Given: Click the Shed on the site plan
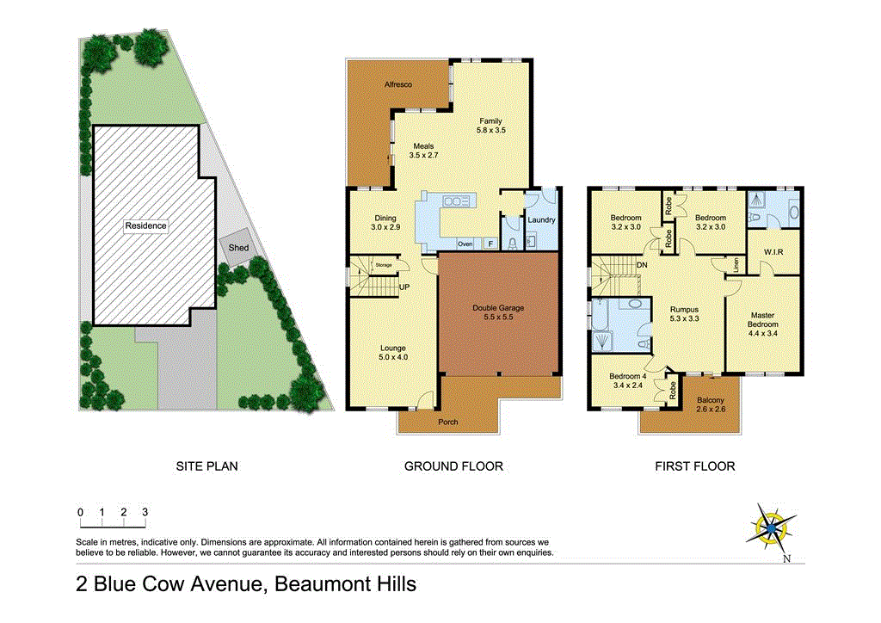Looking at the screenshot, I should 237,248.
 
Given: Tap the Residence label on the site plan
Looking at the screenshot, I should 145,225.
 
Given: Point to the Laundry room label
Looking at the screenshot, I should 542,219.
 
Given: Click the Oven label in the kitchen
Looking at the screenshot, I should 465,244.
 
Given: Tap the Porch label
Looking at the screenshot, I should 447,422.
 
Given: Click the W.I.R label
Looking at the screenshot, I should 772,252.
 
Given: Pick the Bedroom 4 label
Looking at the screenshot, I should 627,376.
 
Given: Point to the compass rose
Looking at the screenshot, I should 773,526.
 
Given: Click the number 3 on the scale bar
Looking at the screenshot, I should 145,512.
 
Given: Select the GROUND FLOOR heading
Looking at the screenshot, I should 453,466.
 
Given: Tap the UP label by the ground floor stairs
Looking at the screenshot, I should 404,287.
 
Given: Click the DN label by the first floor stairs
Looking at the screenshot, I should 642,265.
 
